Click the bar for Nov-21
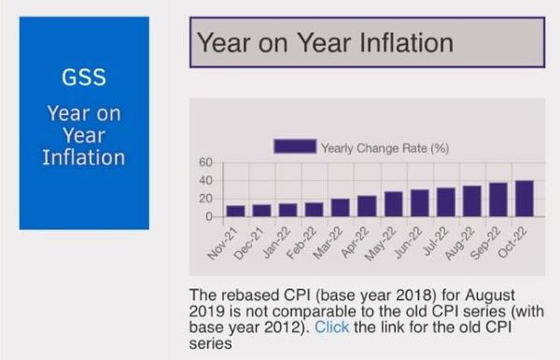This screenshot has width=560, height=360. [x=235, y=211]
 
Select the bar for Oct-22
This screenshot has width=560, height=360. [x=525, y=199]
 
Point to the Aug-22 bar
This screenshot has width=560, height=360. [x=472, y=201]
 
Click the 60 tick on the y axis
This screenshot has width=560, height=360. [x=206, y=162]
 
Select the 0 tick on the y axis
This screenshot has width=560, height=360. [x=211, y=216]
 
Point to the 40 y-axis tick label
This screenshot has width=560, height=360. [x=206, y=180]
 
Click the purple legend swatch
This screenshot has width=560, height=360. [x=294, y=146]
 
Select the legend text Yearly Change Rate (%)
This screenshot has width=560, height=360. [x=385, y=147]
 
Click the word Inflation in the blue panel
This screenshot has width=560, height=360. [x=84, y=157]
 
